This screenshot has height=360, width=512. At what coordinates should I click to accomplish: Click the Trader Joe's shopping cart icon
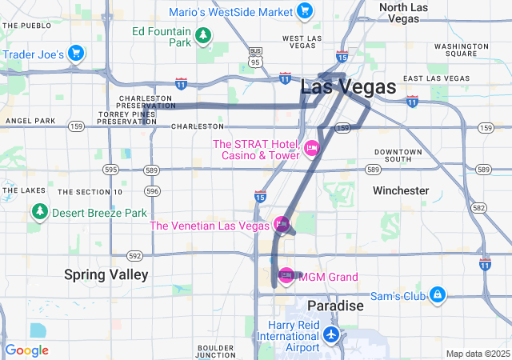pyautogui.click(x=75, y=54)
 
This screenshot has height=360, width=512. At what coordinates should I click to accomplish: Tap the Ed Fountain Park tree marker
pyautogui.click(x=204, y=34)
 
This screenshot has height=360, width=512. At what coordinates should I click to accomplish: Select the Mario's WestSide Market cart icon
pyautogui.click(x=304, y=10)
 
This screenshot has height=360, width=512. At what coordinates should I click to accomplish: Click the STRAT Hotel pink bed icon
pyautogui.click(x=312, y=147)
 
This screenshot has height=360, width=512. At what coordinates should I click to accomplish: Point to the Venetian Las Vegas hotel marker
pyautogui.click(x=281, y=225)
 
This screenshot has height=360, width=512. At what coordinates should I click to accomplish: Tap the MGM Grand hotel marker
pyautogui.click(x=286, y=277)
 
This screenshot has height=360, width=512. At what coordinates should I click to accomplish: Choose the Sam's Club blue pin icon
pyautogui.click(x=438, y=295)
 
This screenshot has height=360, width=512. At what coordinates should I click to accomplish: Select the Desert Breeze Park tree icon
pyautogui.click(x=39, y=213)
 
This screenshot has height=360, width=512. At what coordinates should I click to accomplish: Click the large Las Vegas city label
pyautogui.click(x=348, y=87)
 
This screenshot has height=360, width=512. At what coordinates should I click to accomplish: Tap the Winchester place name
pyautogui.click(x=401, y=190)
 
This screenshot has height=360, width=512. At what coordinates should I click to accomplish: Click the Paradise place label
pyautogui.click(x=336, y=306)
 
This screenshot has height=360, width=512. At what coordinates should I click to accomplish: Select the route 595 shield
pyautogui.click(x=110, y=170)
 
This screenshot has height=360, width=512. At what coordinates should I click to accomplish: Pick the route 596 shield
pyautogui.click(x=153, y=191)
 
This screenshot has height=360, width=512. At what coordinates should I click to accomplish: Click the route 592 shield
pyautogui.click(x=134, y=256)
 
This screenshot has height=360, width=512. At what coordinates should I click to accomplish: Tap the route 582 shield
pyautogui.click(x=479, y=207)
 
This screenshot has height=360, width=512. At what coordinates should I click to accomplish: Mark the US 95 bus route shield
pyautogui.click(x=255, y=57)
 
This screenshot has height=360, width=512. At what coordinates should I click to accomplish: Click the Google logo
pyautogui.click(x=26, y=350)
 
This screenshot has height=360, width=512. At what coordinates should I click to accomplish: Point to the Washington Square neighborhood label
pyautogui.click(x=462, y=50)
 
